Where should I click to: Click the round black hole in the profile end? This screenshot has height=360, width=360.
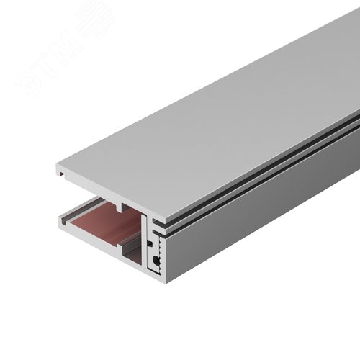[x=156, y=258]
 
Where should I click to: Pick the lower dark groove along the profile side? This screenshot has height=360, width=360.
[x=274, y=173]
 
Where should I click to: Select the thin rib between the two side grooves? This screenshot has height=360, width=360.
[x=274, y=168]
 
